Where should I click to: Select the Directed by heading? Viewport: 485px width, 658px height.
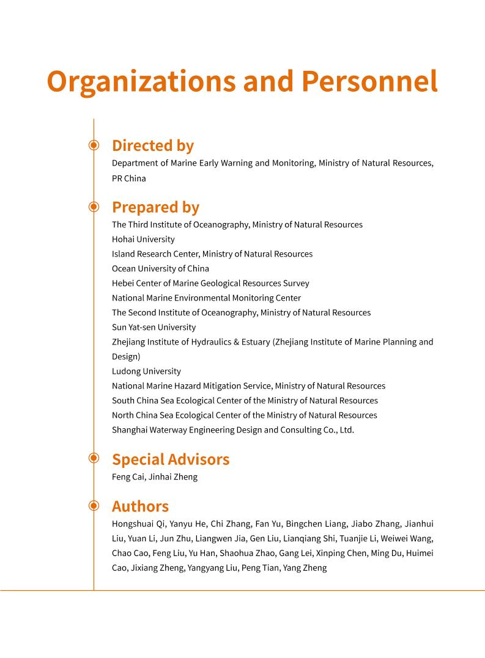point(153,145)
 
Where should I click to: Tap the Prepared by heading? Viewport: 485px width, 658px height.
point(155,207)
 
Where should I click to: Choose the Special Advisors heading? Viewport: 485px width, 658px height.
point(171,459)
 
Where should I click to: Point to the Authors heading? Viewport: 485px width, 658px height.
point(140,506)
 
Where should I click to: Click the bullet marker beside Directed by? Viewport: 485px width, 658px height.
point(94,145)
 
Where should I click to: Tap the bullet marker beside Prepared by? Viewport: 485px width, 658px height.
point(94,207)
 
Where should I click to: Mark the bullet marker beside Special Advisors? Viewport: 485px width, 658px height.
point(94,458)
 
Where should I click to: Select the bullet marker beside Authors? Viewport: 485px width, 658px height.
point(94,505)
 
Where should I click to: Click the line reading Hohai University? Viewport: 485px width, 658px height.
point(143,239)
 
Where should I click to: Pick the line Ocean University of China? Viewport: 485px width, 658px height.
point(160,268)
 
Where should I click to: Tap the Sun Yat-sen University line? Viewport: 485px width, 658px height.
point(154,327)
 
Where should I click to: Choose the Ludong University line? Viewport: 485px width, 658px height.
point(146,371)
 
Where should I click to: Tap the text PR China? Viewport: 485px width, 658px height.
point(129,178)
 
